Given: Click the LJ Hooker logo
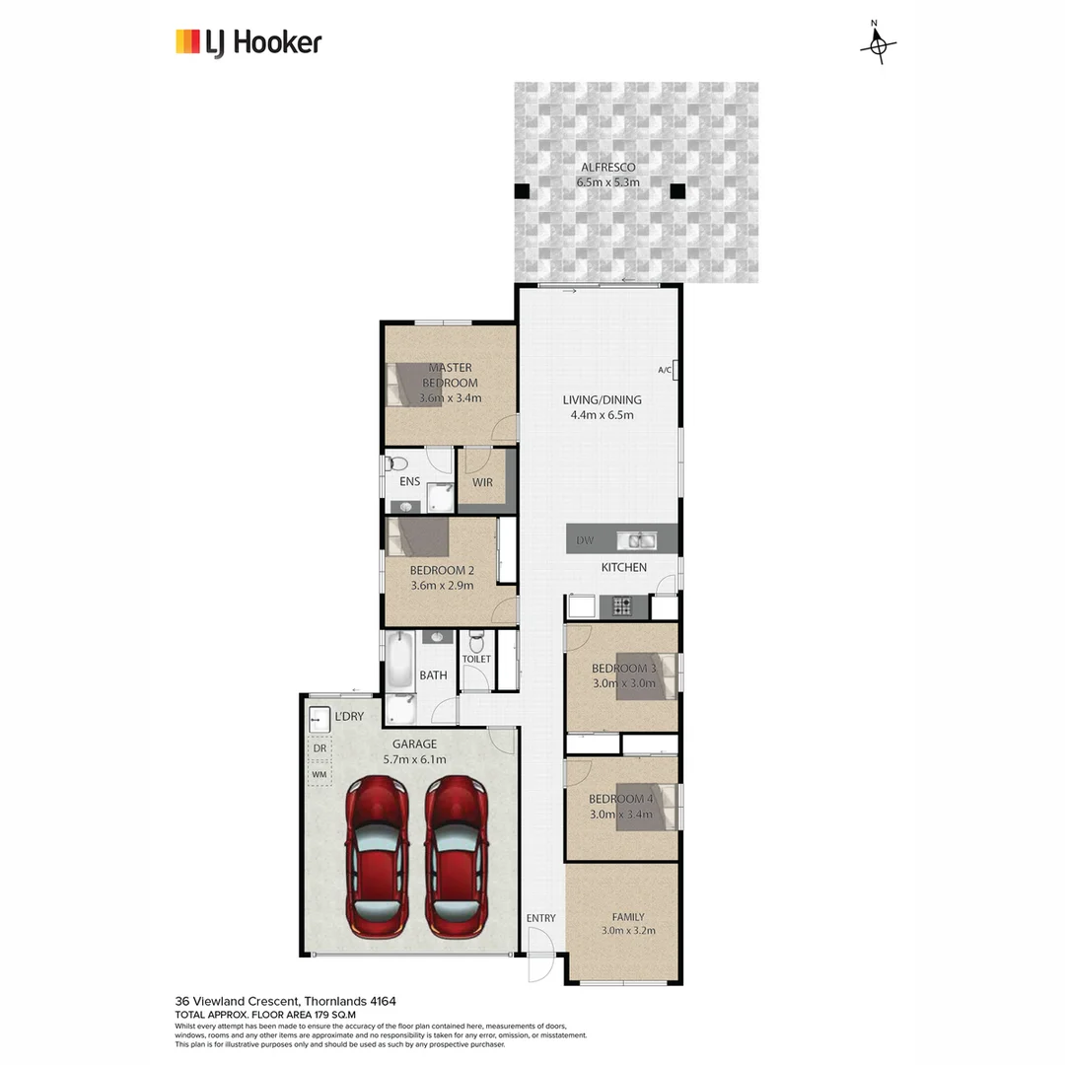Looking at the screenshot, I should pyautogui.click(x=248, y=42).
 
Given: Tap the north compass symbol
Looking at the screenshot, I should pyautogui.click(x=878, y=44).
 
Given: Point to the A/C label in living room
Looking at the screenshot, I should pyautogui.click(x=664, y=371).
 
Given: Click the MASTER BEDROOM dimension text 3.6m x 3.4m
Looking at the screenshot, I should pyautogui.click(x=450, y=398).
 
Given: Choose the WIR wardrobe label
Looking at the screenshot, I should pyautogui.click(x=482, y=482).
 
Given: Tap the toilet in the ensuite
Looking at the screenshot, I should pyautogui.click(x=396, y=461).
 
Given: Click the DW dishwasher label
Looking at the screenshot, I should pyautogui.click(x=584, y=540).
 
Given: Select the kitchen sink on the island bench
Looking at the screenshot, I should pyautogui.click(x=637, y=539).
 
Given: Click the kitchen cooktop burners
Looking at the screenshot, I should pyautogui.click(x=622, y=606).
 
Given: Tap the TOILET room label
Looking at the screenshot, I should pyautogui.click(x=476, y=659).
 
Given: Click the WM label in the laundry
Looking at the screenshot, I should pyautogui.click(x=319, y=775).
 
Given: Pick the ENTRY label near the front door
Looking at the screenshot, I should pyautogui.click(x=540, y=918).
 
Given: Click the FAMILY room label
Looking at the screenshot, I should pyautogui.click(x=627, y=915).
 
